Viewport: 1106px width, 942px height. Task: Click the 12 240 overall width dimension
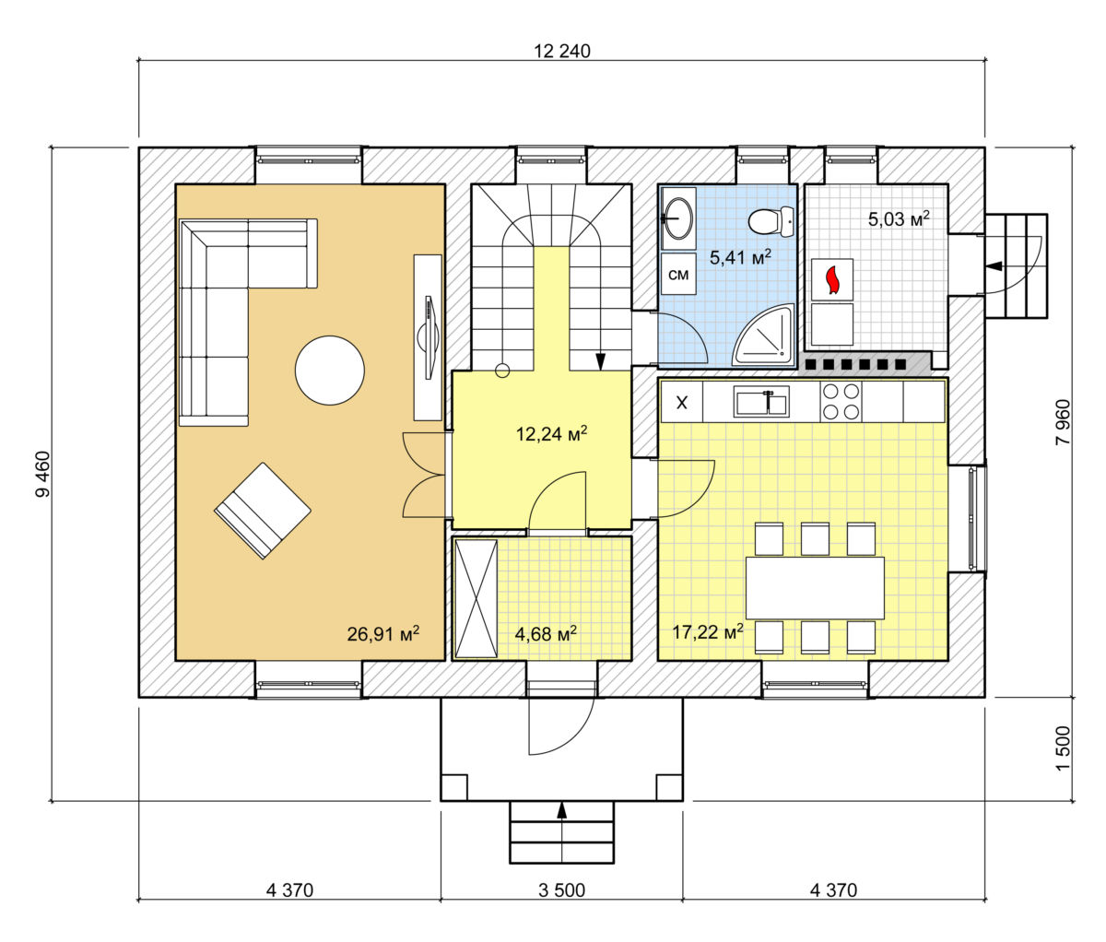(x=562, y=52)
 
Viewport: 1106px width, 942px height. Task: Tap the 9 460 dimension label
(x=42, y=474)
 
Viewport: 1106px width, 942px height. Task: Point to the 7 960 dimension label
(x=1064, y=422)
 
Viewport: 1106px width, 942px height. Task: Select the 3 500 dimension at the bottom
(x=561, y=890)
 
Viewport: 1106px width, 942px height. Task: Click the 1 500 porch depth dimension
(x=1064, y=757)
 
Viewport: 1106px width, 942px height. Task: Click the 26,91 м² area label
(x=383, y=634)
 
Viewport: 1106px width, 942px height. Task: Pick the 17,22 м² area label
(x=708, y=632)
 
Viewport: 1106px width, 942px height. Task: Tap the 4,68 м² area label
(x=546, y=634)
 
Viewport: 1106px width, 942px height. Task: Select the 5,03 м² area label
(x=899, y=218)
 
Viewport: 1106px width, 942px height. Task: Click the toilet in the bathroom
(x=771, y=221)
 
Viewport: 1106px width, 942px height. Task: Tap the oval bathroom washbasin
(x=678, y=218)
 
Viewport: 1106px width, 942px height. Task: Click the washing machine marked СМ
(x=678, y=275)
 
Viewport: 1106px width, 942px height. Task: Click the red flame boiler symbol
(x=832, y=280)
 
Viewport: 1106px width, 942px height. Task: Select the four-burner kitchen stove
(x=841, y=401)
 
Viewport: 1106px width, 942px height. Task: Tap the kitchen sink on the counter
(x=761, y=402)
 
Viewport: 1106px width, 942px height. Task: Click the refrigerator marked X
(x=682, y=402)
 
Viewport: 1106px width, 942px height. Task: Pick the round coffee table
(x=330, y=371)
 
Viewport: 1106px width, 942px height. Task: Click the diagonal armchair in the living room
(x=263, y=512)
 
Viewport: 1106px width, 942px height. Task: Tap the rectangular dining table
(x=815, y=588)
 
